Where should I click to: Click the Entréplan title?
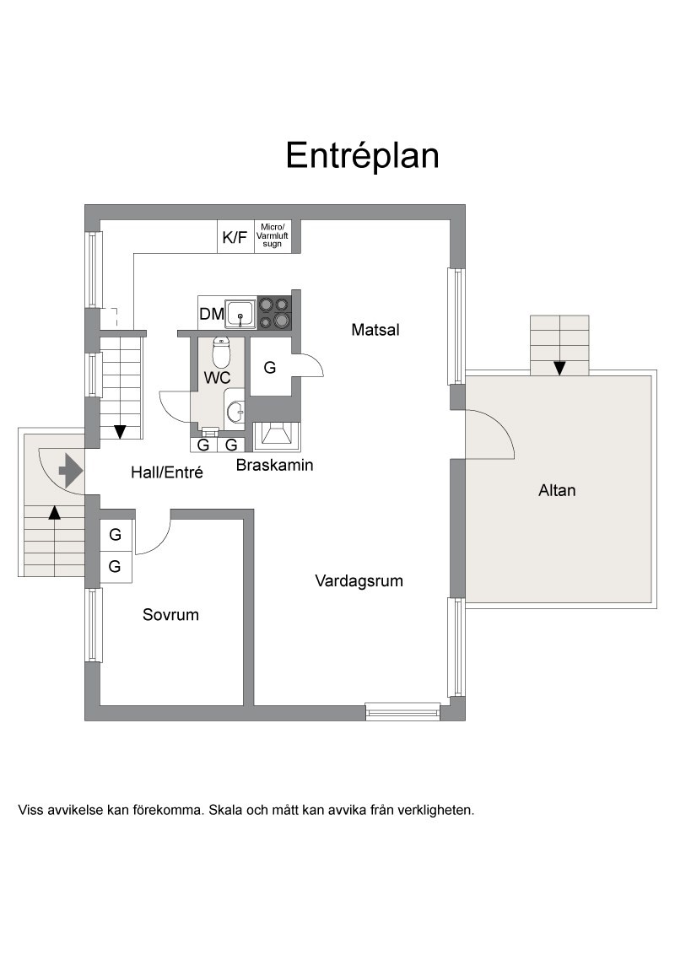[x=363, y=155]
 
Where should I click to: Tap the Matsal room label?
[x=375, y=330]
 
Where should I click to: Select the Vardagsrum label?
[x=359, y=581]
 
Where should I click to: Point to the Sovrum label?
[x=170, y=614]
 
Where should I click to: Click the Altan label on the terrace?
[x=557, y=490]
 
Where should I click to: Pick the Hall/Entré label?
[x=167, y=472]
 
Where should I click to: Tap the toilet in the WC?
[x=220, y=352]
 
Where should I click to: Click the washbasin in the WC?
[x=235, y=412]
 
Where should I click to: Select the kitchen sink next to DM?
[x=240, y=314]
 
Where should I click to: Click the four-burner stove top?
[x=274, y=312]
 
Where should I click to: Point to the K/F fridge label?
[x=235, y=238]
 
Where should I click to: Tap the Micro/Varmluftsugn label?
[x=273, y=235]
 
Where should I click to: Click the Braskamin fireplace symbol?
[x=278, y=436]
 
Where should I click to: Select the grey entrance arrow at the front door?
[x=71, y=470]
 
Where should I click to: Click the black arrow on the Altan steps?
[x=559, y=368]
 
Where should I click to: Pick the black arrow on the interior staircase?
[x=120, y=431]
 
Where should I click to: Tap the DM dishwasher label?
[x=212, y=315]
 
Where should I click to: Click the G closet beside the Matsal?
[x=270, y=367]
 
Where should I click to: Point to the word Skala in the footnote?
[x=225, y=810]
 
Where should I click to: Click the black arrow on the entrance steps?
[x=55, y=512]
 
